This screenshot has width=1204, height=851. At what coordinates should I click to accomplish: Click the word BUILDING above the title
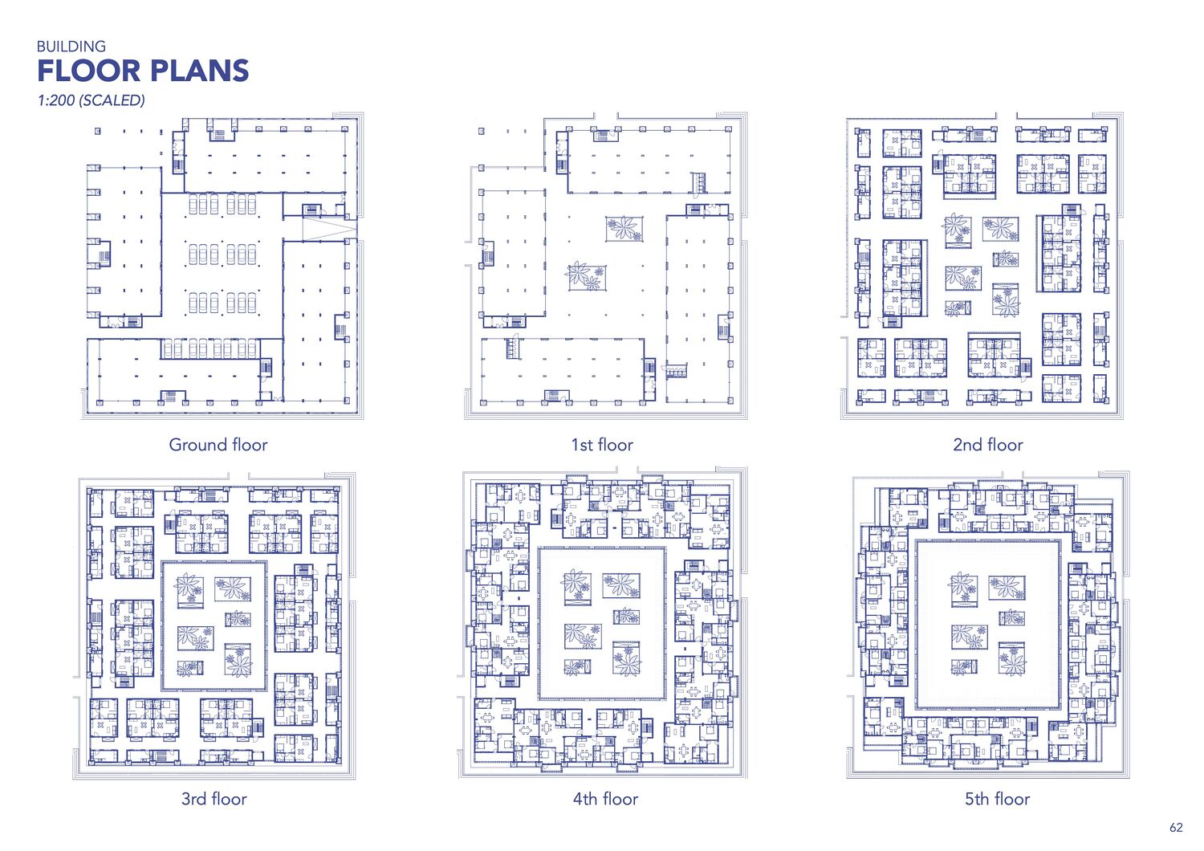click(x=71, y=47)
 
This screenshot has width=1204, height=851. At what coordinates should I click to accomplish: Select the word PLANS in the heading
click(x=199, y=71)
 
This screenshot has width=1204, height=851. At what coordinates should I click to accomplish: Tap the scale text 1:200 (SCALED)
click(x=91, y=100)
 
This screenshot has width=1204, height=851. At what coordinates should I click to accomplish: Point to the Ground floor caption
click(x=218, y=445)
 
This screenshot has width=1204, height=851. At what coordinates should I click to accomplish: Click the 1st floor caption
click(x=602, y=445)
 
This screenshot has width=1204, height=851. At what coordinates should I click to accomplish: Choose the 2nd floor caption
click(x=988, y=445)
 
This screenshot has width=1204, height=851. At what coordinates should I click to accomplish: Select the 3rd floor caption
click(x=214, y=799)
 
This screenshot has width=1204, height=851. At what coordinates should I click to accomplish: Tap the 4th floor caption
click(x=605, y=799)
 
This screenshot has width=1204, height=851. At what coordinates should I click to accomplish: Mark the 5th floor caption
click(x=997, y=799)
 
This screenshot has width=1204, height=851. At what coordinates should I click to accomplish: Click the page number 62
click(x=1176, y=828)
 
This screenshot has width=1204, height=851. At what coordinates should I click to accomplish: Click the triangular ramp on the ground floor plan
click(x=329, y=229)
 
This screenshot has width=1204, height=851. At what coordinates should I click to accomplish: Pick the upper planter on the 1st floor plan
click(x=624, y=229)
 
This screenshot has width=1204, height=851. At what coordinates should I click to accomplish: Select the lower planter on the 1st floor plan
click(x=587, y=277)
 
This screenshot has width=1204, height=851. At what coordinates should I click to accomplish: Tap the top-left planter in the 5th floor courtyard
click(x=963, y=590)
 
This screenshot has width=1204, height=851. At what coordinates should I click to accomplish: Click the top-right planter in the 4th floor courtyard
click(x=620, y=585)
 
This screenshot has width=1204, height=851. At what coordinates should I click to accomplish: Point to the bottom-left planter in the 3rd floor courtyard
click(x=190, y=668)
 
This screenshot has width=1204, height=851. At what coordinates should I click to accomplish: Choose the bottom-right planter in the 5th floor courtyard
click(x=1011, y=658)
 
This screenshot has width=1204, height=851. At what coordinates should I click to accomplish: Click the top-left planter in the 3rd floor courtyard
click(x=190, y=590)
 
